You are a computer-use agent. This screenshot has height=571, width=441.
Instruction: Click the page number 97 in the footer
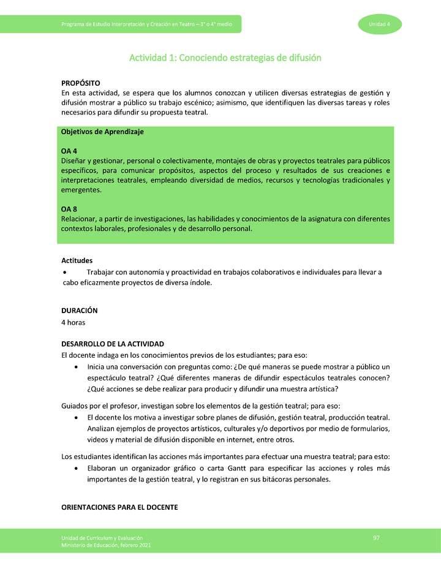377,537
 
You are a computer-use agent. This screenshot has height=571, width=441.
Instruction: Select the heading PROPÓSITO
80,83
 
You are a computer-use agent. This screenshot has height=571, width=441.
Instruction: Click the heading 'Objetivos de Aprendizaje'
102,132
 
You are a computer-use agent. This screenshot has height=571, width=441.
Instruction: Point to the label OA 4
69,151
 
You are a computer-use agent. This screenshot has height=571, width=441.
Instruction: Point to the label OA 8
69,209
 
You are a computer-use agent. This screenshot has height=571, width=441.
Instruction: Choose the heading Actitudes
77,260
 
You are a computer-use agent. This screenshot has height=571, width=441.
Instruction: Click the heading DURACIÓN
79,311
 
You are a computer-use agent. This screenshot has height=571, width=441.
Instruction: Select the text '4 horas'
73,322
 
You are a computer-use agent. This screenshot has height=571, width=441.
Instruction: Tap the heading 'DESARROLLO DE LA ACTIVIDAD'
112,344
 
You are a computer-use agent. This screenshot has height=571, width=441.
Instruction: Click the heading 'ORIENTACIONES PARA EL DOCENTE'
119,507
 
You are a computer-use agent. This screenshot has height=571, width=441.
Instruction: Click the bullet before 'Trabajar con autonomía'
66,272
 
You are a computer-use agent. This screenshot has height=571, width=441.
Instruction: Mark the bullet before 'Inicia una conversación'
75,367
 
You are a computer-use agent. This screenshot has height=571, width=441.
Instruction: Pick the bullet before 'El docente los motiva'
75,418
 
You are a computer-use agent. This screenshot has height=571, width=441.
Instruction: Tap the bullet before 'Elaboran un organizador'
75,469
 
